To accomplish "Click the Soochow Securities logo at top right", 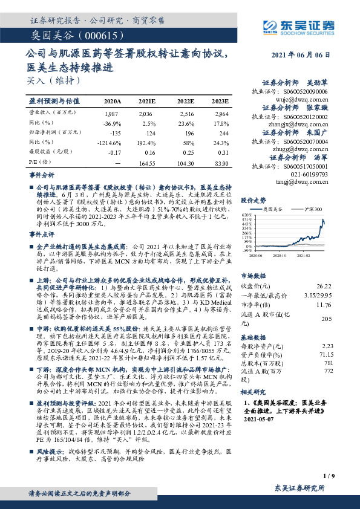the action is pyautogui.click(x=297, y=25).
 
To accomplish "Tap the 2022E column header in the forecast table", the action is pyautogui.click(x=185, y=101).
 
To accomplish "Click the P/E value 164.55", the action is pyautogui.click(x=148, y=163).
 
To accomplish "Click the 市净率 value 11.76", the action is pyautogui.click(x=322, y=305).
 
